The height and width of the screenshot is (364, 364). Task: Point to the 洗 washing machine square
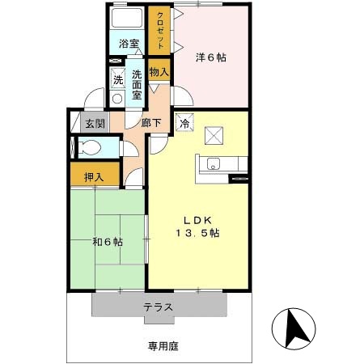click(117, 78)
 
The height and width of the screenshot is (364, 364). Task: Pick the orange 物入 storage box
click(159, 71)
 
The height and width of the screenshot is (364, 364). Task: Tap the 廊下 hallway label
click(150, 123)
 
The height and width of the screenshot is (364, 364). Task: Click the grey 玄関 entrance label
click(95, 124)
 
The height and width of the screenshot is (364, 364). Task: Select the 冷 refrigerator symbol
click(184, 124)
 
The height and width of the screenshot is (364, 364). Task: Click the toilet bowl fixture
click(91, 149)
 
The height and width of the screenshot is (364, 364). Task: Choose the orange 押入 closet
click(95, 176)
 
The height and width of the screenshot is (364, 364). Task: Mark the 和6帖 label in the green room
click(107, 241)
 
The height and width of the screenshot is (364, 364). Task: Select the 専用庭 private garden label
click(163, 345)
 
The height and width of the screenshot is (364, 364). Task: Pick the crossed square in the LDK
click(214, 134)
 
